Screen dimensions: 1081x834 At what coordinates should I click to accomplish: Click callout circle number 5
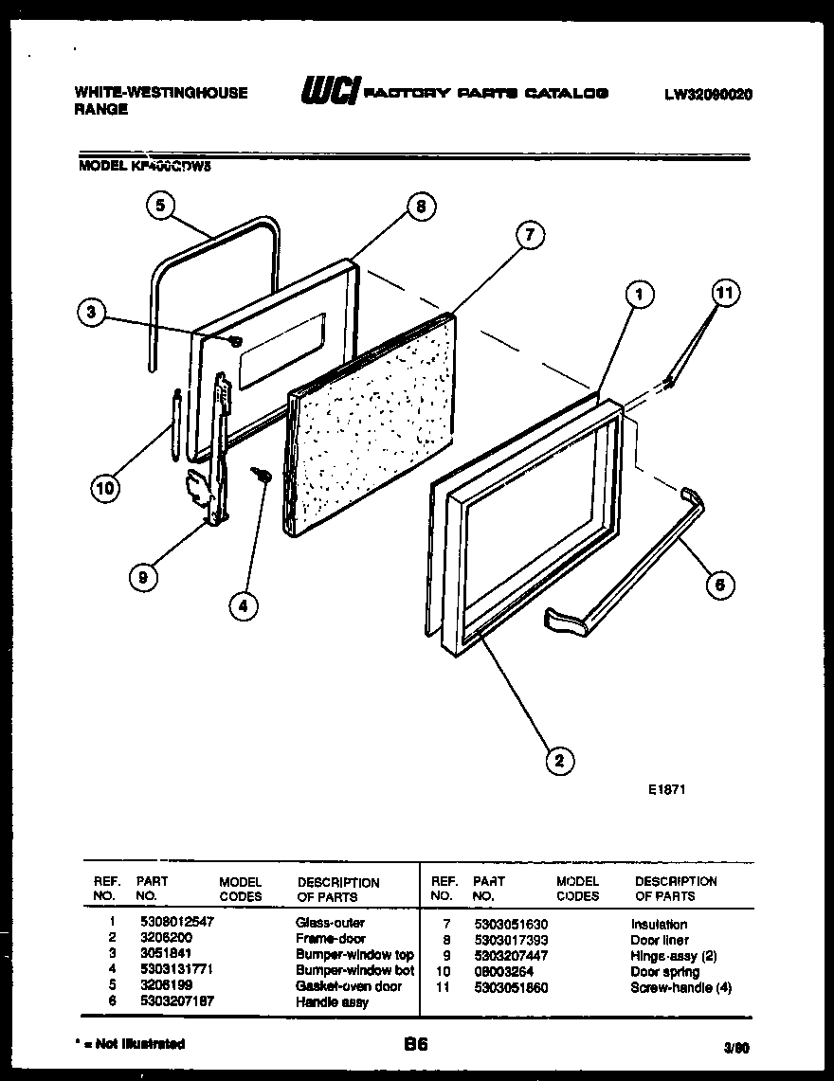(x=161, y=206)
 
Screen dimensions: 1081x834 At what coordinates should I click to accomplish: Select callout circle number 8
(x=421, y=206)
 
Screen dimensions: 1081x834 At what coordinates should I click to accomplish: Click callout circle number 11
(x=724, y=293)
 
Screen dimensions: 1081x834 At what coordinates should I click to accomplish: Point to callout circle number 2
(x=560, y=759)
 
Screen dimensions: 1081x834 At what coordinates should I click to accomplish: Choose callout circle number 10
(x=106, y=489)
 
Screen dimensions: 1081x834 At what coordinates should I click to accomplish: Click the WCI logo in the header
(x=330, y=93)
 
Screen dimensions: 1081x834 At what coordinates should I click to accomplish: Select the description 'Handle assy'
(x=332, y=1001)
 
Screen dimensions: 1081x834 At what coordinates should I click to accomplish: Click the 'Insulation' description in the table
(x=659, y=924)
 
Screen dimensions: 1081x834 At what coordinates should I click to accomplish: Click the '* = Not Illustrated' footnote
(x=129, y=1044)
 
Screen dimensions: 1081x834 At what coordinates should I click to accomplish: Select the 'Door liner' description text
(x=660, y=940)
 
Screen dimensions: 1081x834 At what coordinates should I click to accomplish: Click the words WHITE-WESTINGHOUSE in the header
(x=160, y=93)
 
